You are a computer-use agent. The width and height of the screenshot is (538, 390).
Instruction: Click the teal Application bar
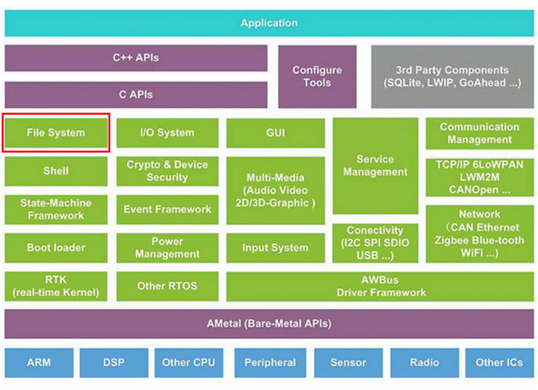(269, 23)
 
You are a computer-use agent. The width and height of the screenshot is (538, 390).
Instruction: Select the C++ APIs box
(136, 58)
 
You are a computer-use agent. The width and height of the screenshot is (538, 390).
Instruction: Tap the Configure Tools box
(317, 76)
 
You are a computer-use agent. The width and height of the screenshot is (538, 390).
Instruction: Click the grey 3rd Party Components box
(452, 76)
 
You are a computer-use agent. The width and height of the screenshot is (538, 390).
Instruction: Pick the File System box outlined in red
(56, 133)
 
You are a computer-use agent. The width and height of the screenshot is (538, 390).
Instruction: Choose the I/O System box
(167, 133)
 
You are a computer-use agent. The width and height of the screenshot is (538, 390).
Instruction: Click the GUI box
(275, 133)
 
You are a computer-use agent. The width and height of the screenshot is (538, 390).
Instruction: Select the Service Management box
(375, 166)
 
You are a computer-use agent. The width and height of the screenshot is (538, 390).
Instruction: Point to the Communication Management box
(479, 133)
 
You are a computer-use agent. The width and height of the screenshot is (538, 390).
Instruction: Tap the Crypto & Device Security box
(167, 171)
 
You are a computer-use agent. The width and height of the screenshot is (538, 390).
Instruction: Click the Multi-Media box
(275, 190)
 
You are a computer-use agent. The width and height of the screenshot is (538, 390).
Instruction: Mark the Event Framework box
(167, 209)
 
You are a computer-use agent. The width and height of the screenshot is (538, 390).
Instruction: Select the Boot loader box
(56, 247)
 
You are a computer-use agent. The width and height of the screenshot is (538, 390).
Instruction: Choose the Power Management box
(167, 247)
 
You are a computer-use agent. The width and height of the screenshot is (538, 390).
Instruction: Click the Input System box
(275, 247)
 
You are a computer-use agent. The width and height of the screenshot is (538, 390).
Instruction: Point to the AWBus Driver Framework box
(381, 286)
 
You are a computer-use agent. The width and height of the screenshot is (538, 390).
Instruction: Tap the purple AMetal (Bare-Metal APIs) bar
(269, 324)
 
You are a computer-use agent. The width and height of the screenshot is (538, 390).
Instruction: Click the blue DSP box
(113, 362)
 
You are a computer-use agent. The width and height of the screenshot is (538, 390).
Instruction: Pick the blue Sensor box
(348, 362)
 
